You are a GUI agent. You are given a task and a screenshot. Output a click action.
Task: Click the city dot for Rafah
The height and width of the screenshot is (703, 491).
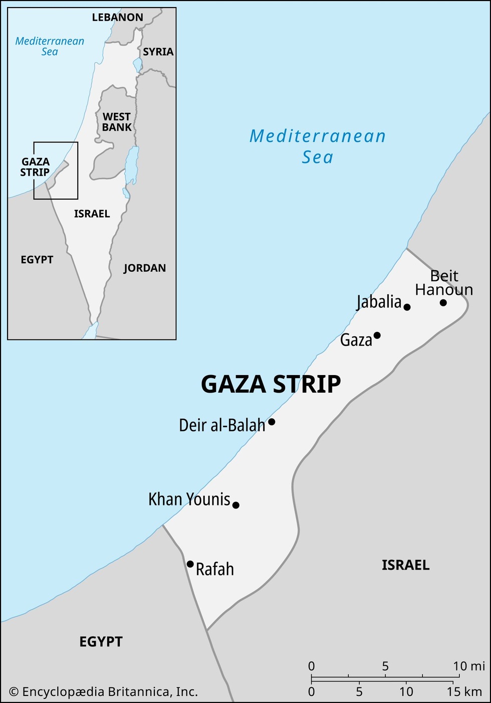190,564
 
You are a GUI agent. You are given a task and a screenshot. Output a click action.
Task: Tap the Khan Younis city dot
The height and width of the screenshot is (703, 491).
236,505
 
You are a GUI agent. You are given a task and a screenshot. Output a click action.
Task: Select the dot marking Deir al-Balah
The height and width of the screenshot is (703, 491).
272,422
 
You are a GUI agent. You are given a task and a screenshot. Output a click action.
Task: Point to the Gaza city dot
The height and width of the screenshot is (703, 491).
377,335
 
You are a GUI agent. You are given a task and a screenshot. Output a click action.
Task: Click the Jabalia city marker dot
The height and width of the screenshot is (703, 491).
407,307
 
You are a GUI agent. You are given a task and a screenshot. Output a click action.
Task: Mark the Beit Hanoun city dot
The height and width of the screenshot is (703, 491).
443,302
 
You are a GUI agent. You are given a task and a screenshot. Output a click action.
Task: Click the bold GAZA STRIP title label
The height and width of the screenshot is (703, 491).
271,385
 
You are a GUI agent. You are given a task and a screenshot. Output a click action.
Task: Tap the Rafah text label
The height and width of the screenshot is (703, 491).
215,570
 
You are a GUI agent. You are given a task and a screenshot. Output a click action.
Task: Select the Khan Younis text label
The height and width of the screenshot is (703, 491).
189,499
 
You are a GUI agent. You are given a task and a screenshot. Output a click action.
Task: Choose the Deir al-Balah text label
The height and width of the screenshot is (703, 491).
222,425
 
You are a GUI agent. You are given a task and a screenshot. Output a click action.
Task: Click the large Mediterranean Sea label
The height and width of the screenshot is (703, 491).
318,146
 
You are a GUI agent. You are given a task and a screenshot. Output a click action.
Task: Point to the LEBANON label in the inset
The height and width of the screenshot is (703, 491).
118,18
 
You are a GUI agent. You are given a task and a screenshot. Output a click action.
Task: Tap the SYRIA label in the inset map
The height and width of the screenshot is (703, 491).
158,52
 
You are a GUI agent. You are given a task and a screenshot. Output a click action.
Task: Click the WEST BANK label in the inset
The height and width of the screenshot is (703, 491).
117,122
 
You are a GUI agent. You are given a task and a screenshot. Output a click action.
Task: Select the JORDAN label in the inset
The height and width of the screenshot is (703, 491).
145,268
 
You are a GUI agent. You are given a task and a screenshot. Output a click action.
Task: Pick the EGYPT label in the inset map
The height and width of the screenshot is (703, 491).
37,260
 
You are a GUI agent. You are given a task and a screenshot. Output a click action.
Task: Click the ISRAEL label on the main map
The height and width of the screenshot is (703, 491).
405,566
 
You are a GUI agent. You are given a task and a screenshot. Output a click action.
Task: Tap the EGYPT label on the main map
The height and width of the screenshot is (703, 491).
101,642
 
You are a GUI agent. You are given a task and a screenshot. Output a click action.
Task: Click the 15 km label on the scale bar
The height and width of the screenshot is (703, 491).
464,692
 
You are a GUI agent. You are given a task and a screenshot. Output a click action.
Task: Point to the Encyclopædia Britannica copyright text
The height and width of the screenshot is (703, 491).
104,692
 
